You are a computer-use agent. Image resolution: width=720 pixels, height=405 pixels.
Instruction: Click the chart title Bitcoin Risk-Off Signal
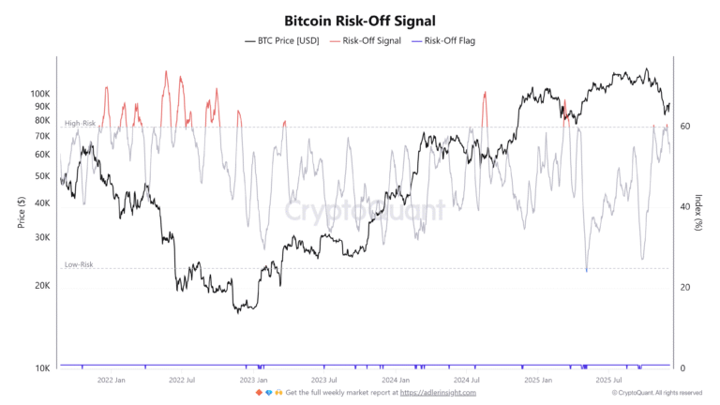point(360,20)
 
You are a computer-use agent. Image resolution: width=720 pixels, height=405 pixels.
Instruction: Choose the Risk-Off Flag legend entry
point(448,41)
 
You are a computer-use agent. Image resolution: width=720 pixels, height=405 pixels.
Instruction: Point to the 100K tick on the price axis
point(38,94)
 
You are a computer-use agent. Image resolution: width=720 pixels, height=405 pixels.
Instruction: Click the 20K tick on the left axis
point(41,286)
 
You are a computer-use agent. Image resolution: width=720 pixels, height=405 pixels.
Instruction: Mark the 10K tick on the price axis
point(41,367)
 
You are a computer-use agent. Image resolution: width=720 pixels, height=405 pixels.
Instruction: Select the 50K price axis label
point(41,176)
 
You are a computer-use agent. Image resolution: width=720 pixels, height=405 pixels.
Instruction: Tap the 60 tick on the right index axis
point(685,127)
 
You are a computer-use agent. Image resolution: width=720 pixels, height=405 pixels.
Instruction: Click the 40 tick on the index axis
point(685,207)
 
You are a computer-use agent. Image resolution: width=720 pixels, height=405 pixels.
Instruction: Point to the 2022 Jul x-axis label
point(181,381)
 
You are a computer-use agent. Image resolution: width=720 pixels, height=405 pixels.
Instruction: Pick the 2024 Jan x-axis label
point(397,381)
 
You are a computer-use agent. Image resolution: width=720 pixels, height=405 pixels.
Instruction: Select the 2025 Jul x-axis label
point(611,381)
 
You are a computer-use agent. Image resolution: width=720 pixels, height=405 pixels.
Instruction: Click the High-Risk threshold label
point(80,124)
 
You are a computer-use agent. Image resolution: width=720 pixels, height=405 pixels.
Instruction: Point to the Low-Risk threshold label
point(79,265)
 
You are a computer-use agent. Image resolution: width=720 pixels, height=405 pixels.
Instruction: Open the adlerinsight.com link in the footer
point(438,393)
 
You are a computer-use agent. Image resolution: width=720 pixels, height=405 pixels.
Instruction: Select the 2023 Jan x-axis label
point(253,381)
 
